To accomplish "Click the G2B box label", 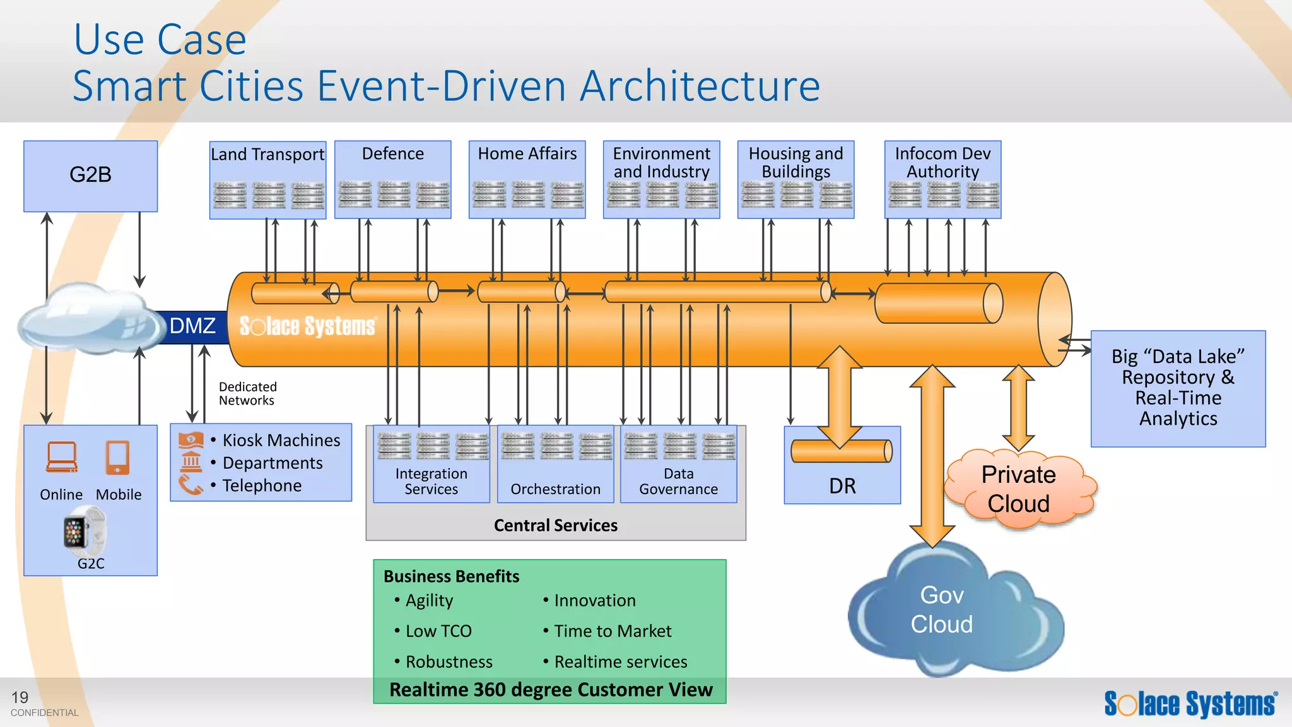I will [90, 175].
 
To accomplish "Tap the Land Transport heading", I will [267, 155].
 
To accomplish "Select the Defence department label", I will [392, 154].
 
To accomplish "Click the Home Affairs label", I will [527, 154].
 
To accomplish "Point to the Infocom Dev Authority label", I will [943, 163].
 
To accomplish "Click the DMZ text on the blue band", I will [192, 326].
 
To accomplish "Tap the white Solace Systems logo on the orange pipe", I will [307, 326].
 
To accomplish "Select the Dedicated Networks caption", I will [247, 394].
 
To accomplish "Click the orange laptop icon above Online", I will [62, 457].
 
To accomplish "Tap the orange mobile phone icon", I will [118, 458].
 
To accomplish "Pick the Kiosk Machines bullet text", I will [281, 440].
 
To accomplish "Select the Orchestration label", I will [555, 489].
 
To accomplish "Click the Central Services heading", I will [555, 525].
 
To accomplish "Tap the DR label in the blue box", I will [842, 486].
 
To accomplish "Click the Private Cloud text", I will [1018, 489].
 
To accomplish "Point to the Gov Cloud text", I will [941, 610].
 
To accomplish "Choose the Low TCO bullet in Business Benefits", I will [438, 631].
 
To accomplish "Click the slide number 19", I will [20, 697].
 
